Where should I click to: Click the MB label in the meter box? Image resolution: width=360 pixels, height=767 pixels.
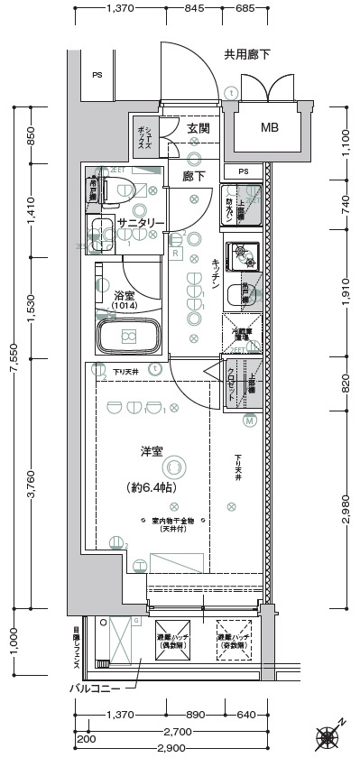269,127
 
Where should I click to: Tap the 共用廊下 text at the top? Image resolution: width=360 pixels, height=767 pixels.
247,55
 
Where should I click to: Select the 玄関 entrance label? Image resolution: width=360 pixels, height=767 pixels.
198,129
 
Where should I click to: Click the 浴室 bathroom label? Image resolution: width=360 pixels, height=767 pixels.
125,295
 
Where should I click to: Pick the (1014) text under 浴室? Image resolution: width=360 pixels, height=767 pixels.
125,307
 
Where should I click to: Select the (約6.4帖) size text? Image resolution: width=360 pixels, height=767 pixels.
152,487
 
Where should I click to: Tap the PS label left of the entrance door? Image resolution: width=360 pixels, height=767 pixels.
96,75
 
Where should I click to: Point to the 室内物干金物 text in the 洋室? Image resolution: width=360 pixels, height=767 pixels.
168,522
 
